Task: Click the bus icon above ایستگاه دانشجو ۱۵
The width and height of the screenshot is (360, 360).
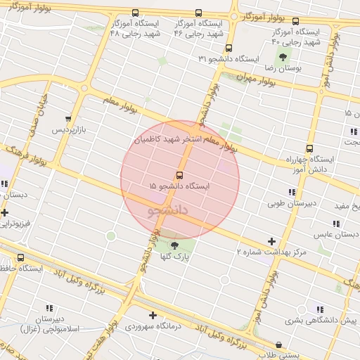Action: [179, 175]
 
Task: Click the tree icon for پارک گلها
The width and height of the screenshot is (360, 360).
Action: [175, 244]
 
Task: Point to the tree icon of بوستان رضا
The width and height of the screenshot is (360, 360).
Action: [283, 57]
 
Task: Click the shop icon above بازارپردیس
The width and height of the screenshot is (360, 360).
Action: [67, 119]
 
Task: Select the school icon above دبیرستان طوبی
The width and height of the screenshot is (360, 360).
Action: [291, 192]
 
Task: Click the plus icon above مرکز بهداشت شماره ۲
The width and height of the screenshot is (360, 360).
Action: [271, 241]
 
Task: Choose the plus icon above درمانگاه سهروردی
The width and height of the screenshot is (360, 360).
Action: [153, 316]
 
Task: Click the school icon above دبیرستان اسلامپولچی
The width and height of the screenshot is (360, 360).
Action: [49, 307]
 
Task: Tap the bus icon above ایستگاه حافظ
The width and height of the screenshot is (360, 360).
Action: [20, 257]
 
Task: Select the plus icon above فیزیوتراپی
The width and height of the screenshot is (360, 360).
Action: [5, 212]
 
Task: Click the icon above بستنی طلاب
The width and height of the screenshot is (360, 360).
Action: [280, 345]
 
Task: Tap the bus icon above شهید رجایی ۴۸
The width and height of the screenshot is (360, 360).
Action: [134, 13]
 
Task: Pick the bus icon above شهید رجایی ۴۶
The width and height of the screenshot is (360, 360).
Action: [198, 13]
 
